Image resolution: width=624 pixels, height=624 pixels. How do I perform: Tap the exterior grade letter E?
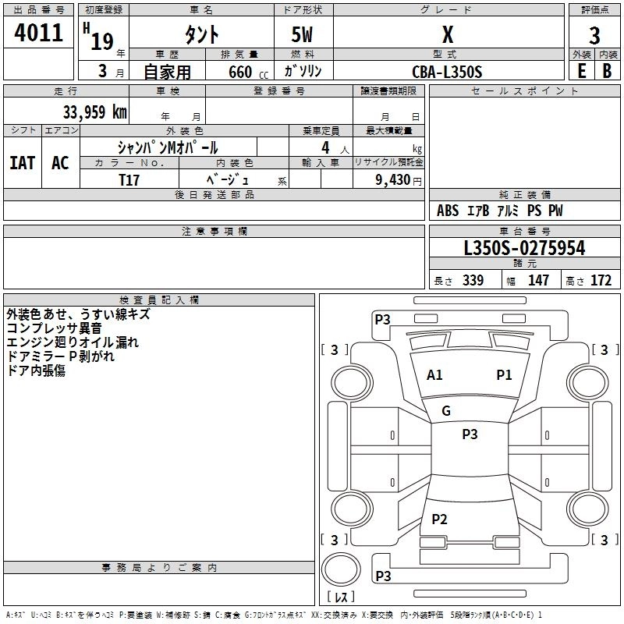point(582,71)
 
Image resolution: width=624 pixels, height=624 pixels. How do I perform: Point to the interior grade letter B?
point(607,71)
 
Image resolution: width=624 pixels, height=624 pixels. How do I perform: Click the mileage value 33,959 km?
point(94,112)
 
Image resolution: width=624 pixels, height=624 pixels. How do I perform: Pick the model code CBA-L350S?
point(447,72)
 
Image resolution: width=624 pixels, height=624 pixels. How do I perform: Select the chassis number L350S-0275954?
point(524,249)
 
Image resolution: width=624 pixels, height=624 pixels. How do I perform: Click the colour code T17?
point(129,179)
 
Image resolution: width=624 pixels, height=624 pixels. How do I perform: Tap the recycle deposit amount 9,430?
point(394,179)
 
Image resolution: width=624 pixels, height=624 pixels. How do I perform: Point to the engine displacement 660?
point(239,72)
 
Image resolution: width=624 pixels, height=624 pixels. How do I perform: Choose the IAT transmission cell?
point(22,163)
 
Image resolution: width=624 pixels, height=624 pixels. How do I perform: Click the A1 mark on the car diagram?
point(434,375)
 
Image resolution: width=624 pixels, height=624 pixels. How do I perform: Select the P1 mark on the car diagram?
point(505,375)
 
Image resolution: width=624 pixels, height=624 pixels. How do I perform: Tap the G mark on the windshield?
point(446,411)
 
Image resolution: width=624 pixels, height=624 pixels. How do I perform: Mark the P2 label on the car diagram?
point(439,519)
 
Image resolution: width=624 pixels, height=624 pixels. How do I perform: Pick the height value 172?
point(601,281)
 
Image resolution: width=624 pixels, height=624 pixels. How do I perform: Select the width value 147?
point(538,281)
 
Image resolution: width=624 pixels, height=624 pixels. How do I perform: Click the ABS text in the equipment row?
point(448,211)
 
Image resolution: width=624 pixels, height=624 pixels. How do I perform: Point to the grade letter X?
point(447,34)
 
